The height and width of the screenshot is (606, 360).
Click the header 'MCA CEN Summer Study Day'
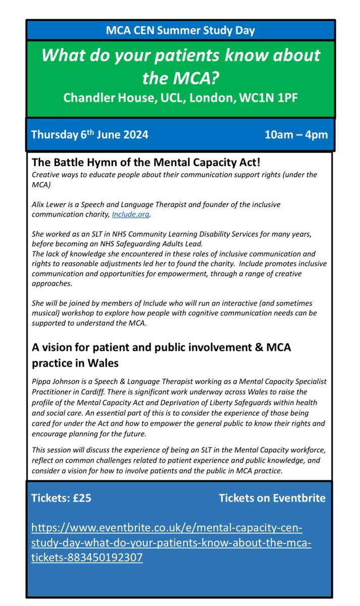click(x=180, y=30)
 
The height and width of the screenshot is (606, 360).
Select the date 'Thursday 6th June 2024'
click(x=89, y=135)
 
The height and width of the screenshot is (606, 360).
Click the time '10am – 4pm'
click(x=296, y=135)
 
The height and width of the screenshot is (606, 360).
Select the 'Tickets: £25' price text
click(x=61, y=498)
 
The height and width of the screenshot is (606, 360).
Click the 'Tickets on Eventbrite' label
click(x=272, y=498)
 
